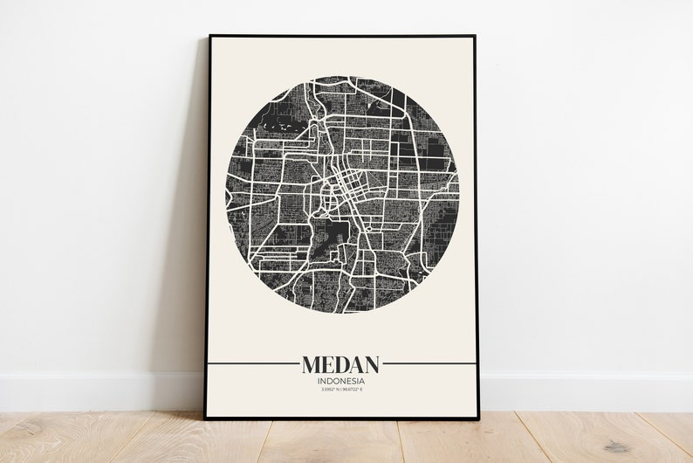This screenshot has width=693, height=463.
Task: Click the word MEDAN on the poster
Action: [341, 363]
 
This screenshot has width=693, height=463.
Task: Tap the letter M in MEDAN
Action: [312, 363]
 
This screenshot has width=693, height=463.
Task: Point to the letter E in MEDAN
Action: [329, 363]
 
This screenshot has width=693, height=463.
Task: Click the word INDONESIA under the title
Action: [341, 381]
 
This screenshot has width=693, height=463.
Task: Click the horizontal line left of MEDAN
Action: [253, 362]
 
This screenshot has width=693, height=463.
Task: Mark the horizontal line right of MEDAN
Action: [429, 362]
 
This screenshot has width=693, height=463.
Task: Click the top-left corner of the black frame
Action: [209, 37]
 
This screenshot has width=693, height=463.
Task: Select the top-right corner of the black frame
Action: [475, 38]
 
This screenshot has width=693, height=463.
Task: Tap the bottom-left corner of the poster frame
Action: [207, 418]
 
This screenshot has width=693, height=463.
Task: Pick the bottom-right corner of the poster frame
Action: [478, 418]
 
